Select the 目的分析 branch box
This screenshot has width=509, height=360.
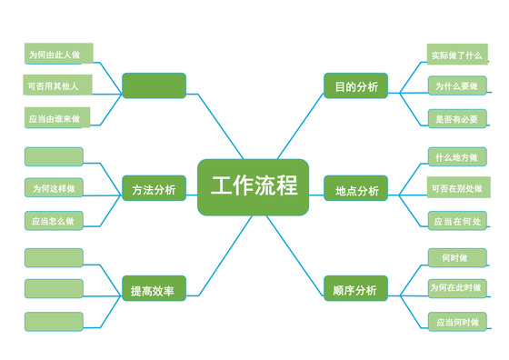coord(355,85)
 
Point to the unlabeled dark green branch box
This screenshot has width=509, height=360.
coord(154,85)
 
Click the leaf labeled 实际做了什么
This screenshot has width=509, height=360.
coord(457,56)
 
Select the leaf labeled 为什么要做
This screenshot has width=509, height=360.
coord(457,85)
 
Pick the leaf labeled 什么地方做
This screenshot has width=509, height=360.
coord(457,157)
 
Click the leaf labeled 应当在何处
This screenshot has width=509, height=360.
coord(457,220)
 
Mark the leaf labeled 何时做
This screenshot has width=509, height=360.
coord(457,258)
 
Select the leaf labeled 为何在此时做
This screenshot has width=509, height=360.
coord(457,288)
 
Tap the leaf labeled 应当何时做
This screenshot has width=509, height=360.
coord(457,321)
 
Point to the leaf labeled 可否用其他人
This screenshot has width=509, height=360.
coord(54,85)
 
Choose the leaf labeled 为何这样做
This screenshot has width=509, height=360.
coord(54,188)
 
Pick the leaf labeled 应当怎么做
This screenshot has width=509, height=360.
coord(54,220)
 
